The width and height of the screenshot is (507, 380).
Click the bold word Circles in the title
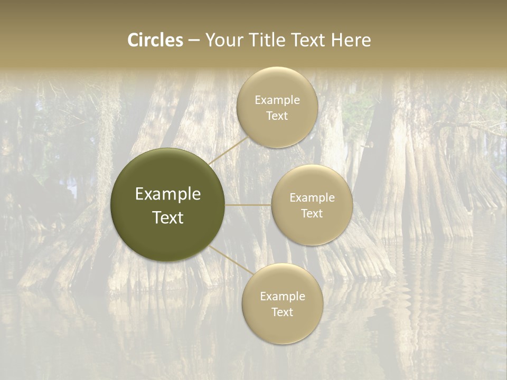click(155, 40)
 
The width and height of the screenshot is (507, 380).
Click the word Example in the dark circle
click(168, 194)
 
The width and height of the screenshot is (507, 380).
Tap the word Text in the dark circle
click(168, 217)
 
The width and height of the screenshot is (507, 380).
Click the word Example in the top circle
click(277, 100)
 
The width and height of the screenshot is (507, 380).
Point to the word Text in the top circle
click(277, 116)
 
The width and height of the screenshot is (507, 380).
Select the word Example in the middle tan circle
click(312, 198)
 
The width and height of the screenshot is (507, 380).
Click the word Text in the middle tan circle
click(312, 214)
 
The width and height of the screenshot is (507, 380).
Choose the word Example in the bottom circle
click(283, 297)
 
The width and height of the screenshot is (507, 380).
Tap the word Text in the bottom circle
click(283, 312)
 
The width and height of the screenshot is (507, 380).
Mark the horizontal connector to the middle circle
click(248, 205)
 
